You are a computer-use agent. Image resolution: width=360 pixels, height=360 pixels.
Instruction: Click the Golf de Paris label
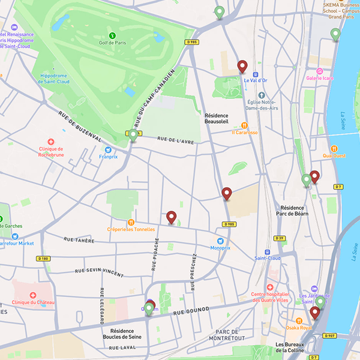click(x=112, y=43)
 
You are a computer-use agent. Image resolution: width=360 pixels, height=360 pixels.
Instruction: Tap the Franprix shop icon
click(x=108, y=150)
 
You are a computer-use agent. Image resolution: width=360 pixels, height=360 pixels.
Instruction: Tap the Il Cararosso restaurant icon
click(x=244, y=125)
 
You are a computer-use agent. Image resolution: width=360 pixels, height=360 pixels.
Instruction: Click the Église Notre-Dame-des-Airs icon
click(x=262, y=95)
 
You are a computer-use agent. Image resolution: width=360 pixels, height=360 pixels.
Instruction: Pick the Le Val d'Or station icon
click(x=256, y=73)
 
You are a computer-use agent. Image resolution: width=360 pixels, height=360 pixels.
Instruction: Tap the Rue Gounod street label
click(x=191, y=310)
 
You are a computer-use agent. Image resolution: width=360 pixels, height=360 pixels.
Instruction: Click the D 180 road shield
click(x=42, y=259)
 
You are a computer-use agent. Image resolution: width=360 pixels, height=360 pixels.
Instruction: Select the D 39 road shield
click(x=279, y=238)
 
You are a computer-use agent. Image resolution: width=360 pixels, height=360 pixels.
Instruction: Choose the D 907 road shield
click(x=329, y=336)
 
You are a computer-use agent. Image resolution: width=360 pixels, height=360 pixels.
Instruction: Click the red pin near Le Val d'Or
click(x=242, y=66)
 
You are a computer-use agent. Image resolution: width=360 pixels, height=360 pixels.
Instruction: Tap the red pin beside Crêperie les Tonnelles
click(x=172, y=217)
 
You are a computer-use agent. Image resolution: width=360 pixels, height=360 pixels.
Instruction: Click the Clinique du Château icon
click(x=33, y=296)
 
